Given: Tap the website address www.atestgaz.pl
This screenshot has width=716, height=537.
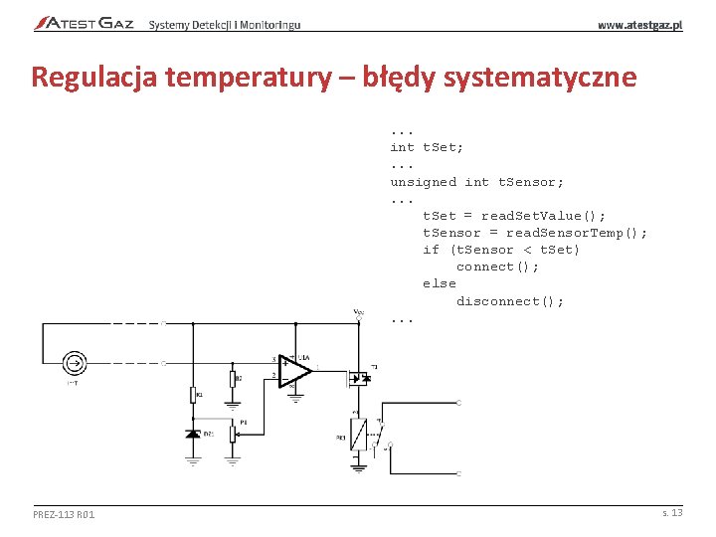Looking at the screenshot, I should (x=639, y=24).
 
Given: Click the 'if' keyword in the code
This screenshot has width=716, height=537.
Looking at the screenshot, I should (x=431, y=250).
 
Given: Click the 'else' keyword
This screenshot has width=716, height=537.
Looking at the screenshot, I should (x=439, y=283).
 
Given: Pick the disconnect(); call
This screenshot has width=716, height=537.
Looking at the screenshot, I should (x=509, y=301).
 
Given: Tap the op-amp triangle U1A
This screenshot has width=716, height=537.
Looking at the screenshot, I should (x=295, y=371).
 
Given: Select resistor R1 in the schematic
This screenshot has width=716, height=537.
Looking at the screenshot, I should (x=193, y=395).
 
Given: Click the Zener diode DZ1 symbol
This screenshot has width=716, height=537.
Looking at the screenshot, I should (x=193, y=435).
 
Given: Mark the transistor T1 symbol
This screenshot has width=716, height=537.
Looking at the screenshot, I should (x=358, y=378).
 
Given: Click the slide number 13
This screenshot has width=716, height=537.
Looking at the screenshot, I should (x=676, y=512).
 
